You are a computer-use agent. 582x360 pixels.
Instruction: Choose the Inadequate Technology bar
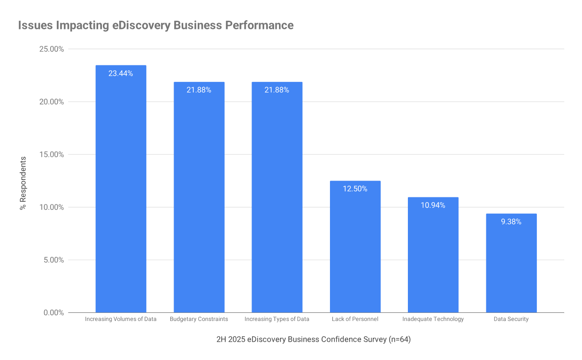point(433,255)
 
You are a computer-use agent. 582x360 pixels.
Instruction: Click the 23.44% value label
point(121,74)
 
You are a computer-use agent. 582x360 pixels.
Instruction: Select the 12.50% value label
point(355,189)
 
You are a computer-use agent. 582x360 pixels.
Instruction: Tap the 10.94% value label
point(433,206)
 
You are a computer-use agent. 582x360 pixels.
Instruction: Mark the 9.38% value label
point(511,222)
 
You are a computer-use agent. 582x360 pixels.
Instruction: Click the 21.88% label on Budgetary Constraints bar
point(199,90)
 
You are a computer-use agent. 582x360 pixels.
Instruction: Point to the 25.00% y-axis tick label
point(50,49)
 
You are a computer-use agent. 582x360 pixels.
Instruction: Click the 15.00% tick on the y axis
point(50,154)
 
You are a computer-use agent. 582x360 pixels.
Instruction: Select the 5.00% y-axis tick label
point(52,260)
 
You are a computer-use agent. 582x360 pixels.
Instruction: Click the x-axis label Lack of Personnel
point(355,319)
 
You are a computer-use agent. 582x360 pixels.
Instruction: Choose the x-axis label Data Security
point(511,319)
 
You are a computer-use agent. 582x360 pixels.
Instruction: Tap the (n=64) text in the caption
point(399,339)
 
